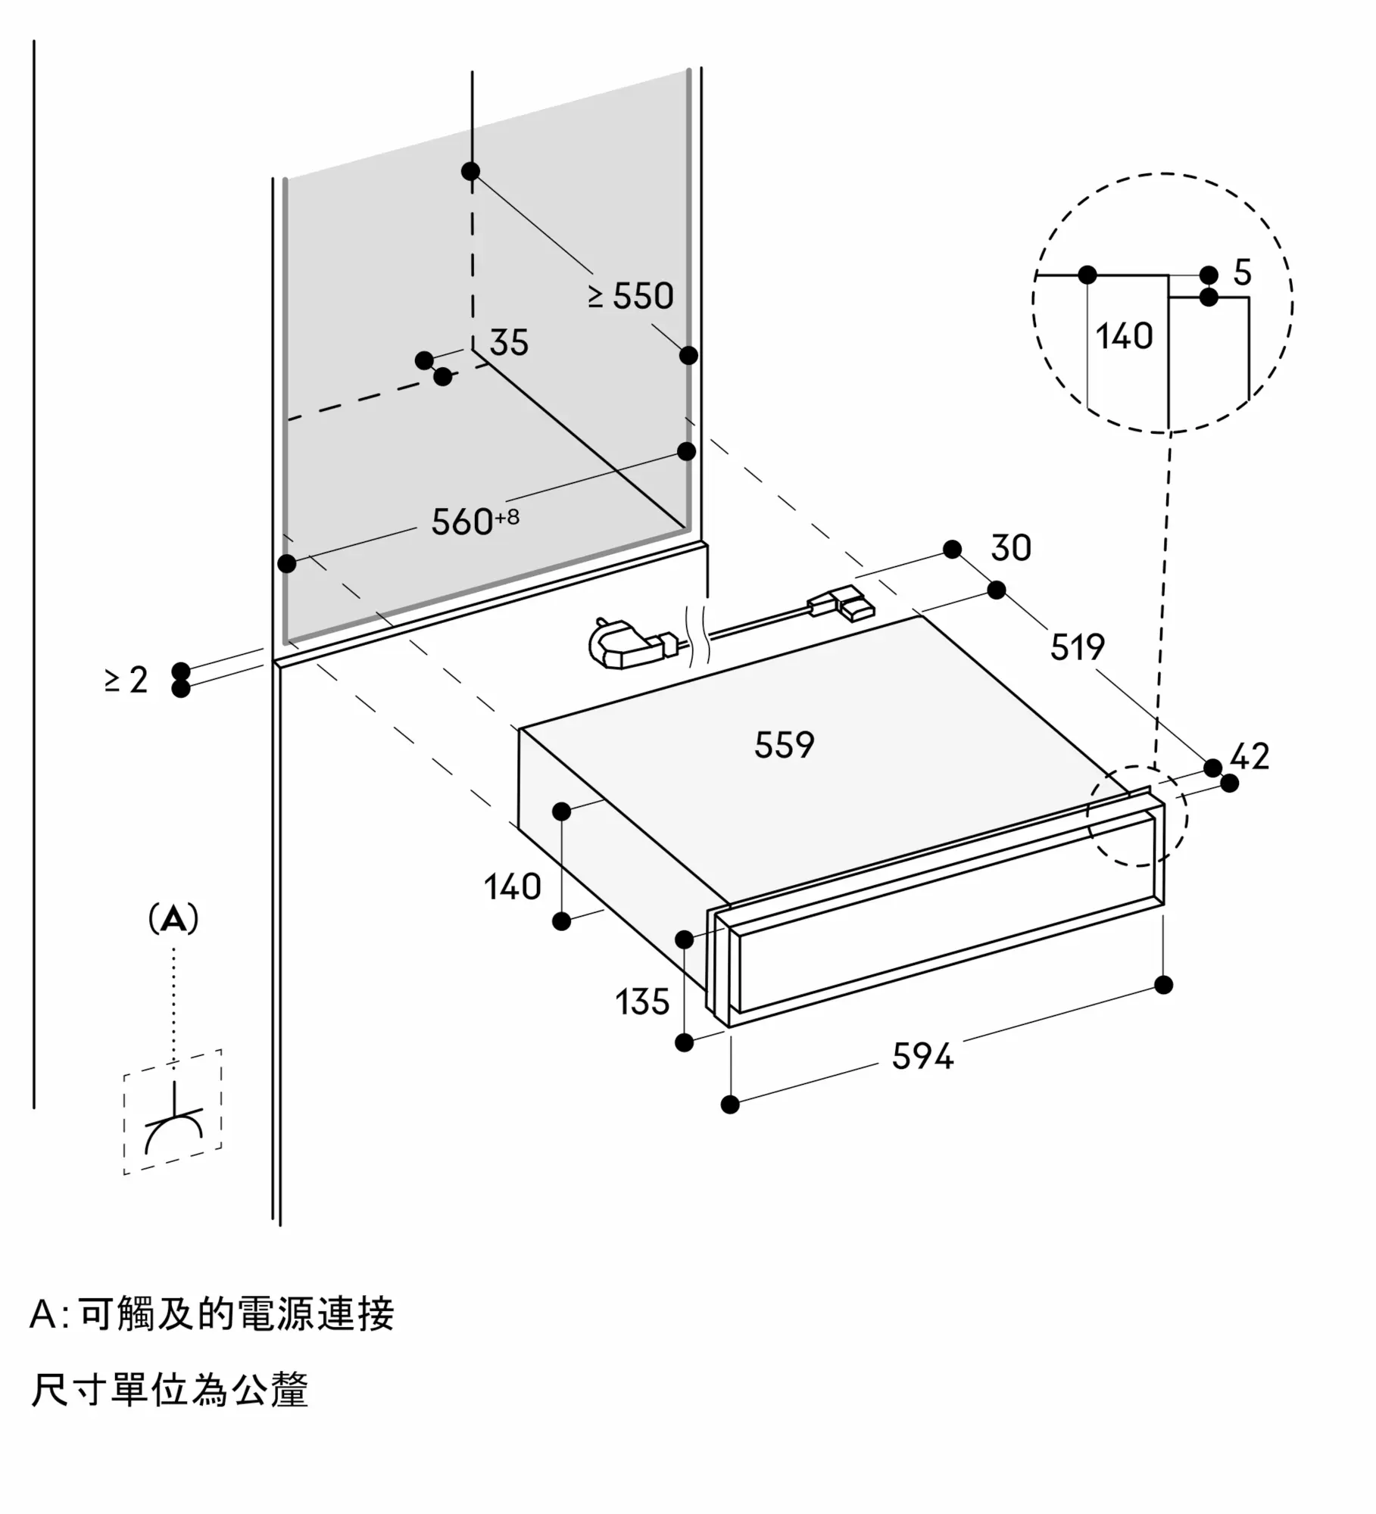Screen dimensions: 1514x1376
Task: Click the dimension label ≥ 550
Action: [x=631, y=296]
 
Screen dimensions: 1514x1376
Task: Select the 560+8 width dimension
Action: [x=475, y=521]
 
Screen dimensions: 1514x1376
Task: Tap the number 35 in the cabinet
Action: [x=508, y=342]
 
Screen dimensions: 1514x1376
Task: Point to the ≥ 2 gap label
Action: [x=126, y=680]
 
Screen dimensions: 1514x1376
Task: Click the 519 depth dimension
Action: [x=1077, y=646]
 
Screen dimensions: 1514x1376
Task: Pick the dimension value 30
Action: [x=1011, y=547]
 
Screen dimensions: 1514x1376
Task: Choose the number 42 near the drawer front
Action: [x=1250, y=756]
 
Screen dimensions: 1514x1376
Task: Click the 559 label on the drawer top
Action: [x=784, y=745]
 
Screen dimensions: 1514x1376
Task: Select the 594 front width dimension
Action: [x=922, y=1056]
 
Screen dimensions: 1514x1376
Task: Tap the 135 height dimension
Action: [x=642, y=1002]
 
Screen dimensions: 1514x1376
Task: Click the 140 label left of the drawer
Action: [x=513, y=886]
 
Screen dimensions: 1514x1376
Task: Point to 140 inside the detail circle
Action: [x=1124, y=336]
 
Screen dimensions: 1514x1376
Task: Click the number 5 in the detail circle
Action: [x=1242, y=273]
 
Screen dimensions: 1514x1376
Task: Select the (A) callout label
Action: [x=173, y=919]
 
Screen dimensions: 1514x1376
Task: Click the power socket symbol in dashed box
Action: [x=173, y=1126]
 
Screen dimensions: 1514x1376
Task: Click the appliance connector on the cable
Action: [x=842, y=605]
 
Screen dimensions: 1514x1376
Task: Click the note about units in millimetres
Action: [x=170, y=1390]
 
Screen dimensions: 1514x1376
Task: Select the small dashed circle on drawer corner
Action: [x=1137, y=815]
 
